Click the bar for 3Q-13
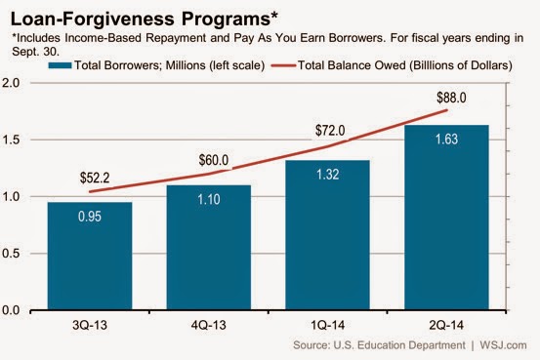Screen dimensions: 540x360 pyautogui.click(x=90, y=256)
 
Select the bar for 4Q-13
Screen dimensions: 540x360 pyautogui.click(x=209, y=248)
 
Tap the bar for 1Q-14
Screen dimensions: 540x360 pyautogui.click(x=327, y=235)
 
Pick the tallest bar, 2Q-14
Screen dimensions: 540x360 pyautogui.click(x=446, y=218)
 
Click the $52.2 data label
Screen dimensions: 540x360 pyautogui.click(x=95, y=178)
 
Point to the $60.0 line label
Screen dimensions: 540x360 pyautogui.click(x=214, y=160)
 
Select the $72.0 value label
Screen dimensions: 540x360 pyautogui.click(x=330, y=131)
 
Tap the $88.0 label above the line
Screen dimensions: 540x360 pyautogui.click(x=451, y=98)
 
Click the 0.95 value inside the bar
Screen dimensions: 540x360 pyautogui.click(x=90, y=217)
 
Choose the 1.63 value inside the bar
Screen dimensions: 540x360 pyautogui.click(x=446, y=140)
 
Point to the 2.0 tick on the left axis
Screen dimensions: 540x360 pyautogui.click(x=11, y=83)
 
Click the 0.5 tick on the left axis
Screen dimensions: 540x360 pyautogui.click(x=11, y=254)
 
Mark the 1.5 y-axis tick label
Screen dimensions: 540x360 pyautogui.click(x=11, y=140)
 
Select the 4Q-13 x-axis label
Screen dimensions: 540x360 pyautogui.click(x=209, y=325)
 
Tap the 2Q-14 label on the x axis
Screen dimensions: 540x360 pyautogui.click(x=446, y=325)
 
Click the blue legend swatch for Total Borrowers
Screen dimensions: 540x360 pyautogui.click(x=60, y=65)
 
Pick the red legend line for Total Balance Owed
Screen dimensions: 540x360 pyautogui.click(x=283, y=65)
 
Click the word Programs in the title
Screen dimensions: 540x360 pyautogui.click(x=227, y=19)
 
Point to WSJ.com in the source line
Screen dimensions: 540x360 pyautogui.click(x=503, y=345)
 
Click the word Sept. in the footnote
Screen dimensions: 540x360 pyautogui.click(x=23, y=52)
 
